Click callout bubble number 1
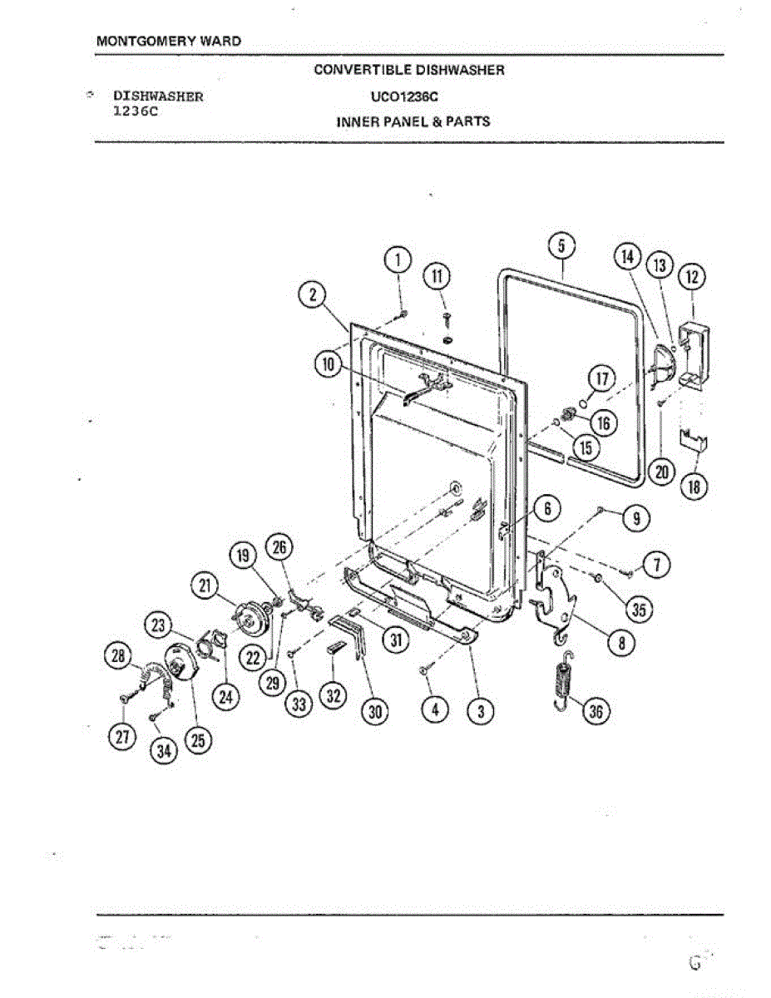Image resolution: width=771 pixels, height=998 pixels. pos(398,259)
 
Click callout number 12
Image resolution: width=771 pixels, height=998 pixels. pos(692,276)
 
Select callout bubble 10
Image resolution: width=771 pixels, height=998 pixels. pos(328,363)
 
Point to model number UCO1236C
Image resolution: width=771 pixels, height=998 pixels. pos(409,96)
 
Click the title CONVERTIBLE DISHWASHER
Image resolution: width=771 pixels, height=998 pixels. pos(409,70)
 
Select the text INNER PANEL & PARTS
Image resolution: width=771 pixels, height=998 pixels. pos(413,121)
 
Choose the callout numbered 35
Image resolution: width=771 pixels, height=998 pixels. pos(639,610)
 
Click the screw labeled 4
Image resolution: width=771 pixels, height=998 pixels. pos(423,670)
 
